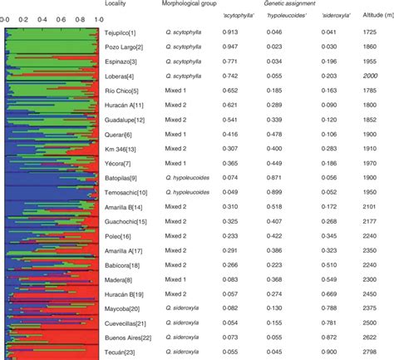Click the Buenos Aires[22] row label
[132, 336]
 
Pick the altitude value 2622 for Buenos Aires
[372, 336]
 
